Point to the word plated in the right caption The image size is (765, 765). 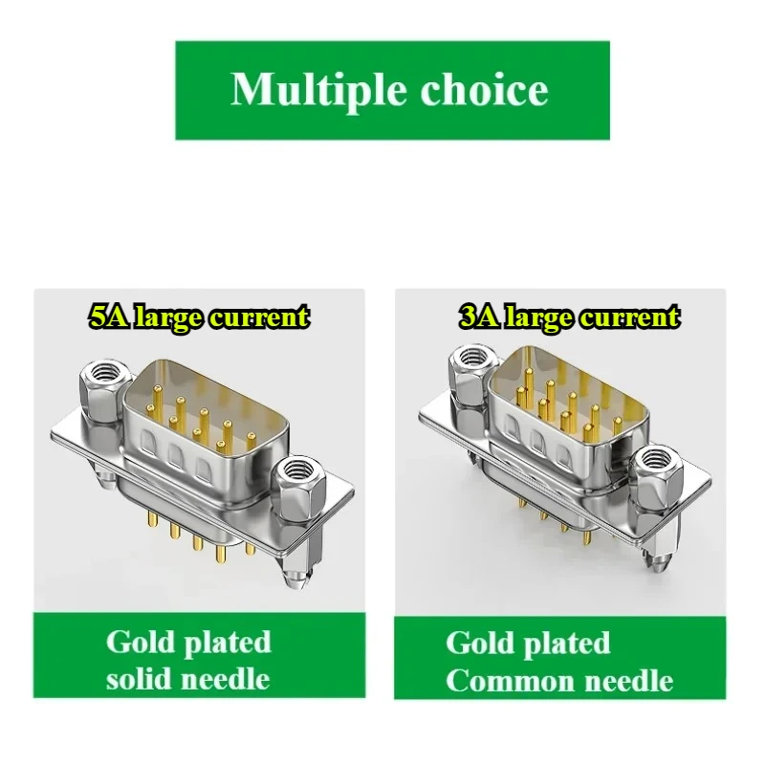click(566, 643)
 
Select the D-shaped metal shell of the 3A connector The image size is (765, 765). click(564, 411)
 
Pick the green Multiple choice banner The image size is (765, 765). click(392, 90)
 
